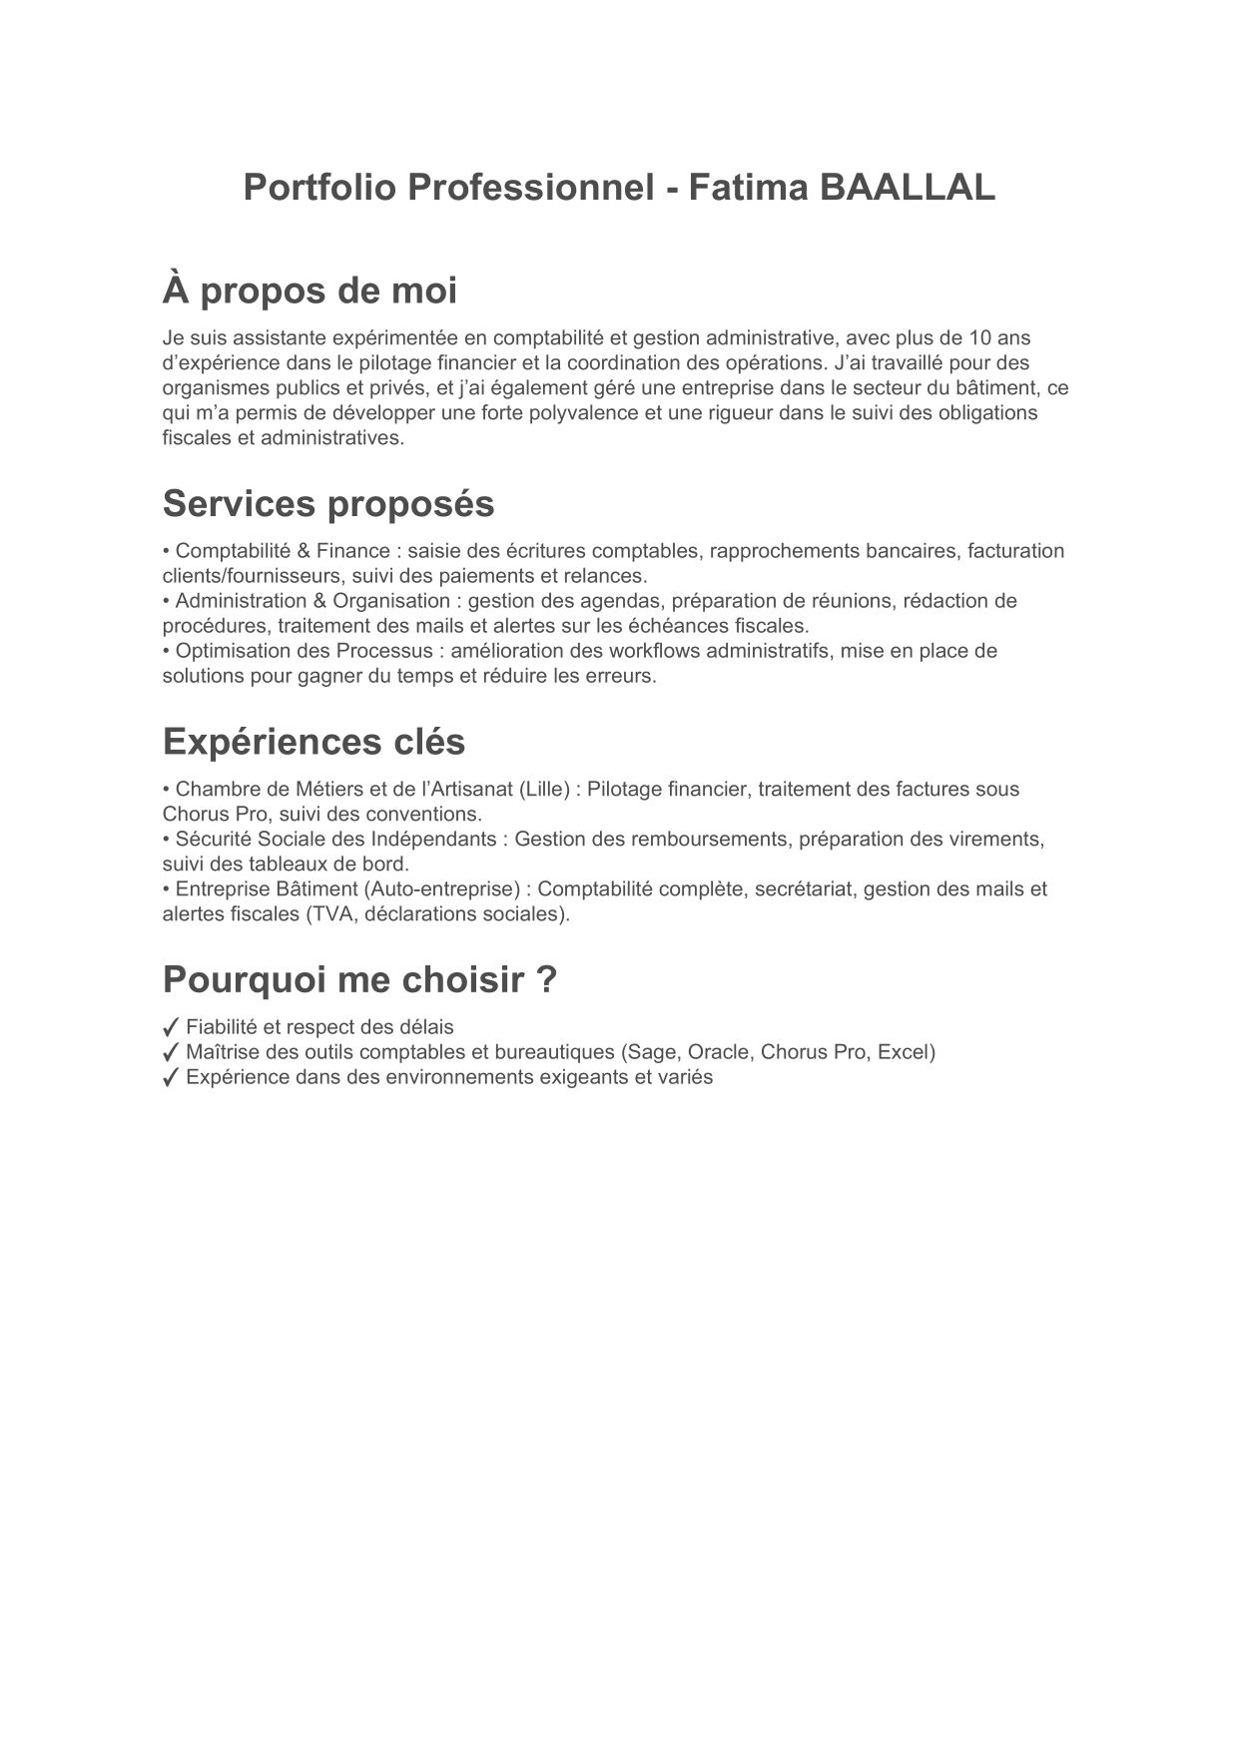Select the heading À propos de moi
pyautogui.click(x=310, y=291)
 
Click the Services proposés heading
pyautogui.click(x=328, y=504)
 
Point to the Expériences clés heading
pyautogui.click(x=313, y=742)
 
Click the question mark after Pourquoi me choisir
pyautogui.click(x=546, y=980)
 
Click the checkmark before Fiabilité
pyautogui.click(x=171, y=1027)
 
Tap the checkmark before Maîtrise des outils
pyautogui.click(x=171, y=1052)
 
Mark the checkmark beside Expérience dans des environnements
pyautogui.click(x=171, y=1077)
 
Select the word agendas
pyautogui.click(x=626, y=601)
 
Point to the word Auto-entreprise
pyautogui.click(x=457, y=889)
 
